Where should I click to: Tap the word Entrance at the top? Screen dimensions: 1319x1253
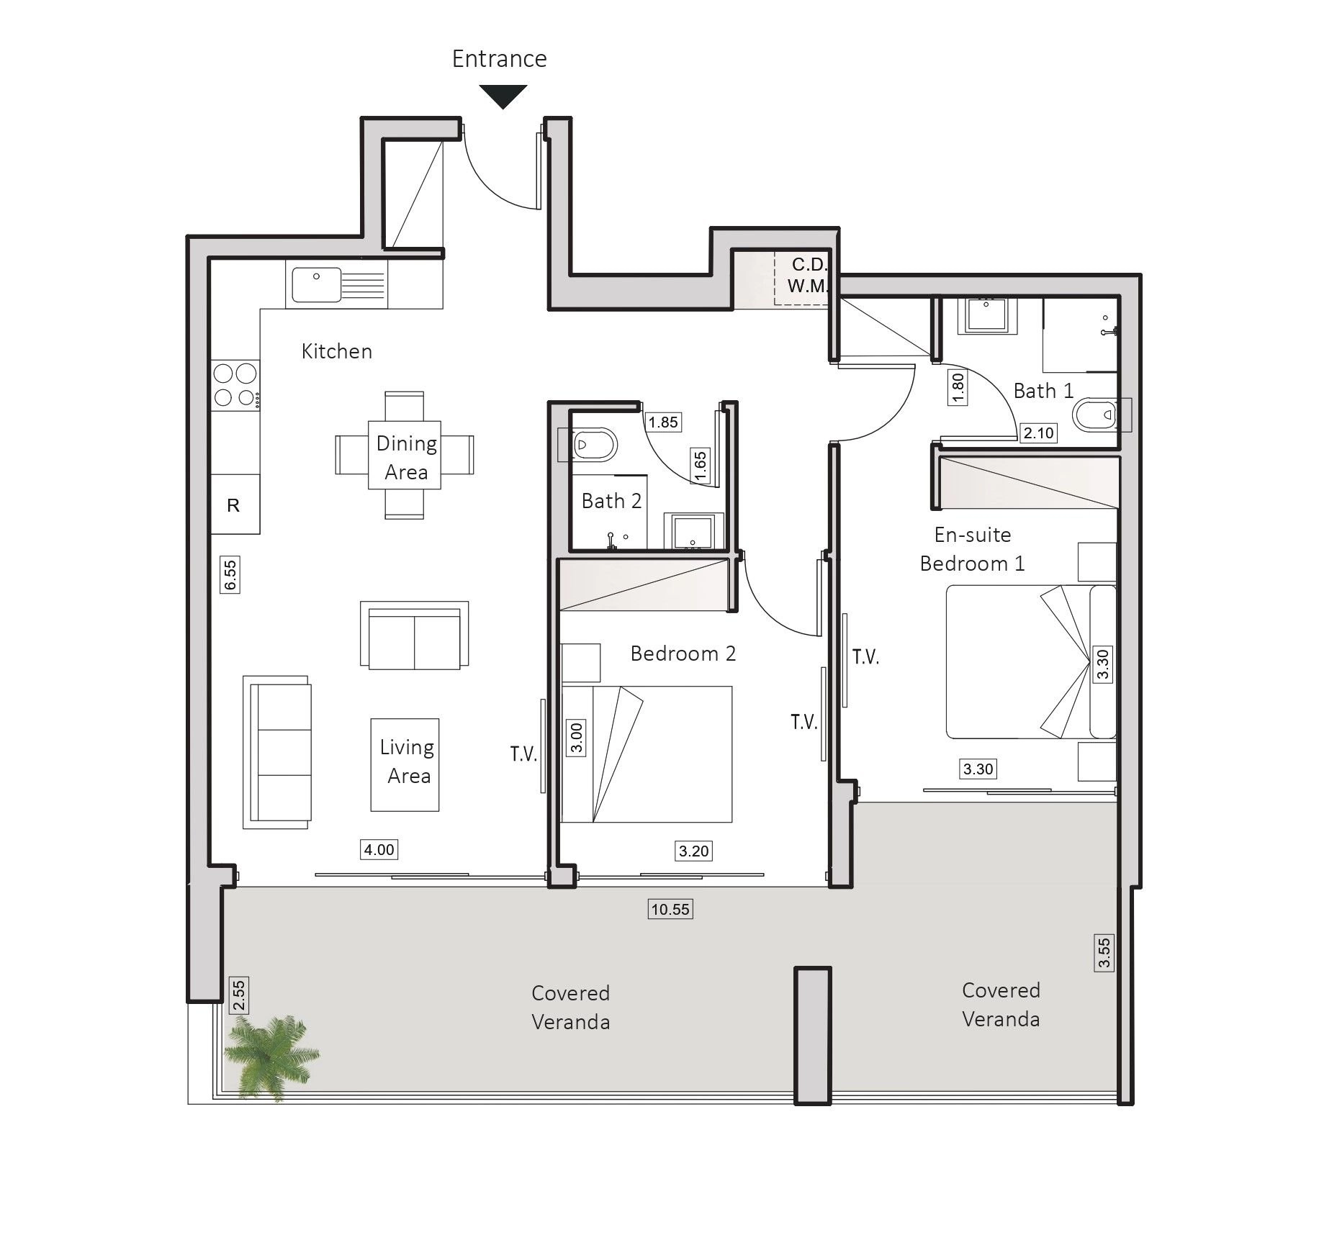pos(499,58)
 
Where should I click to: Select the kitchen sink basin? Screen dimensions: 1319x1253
pos(316,284)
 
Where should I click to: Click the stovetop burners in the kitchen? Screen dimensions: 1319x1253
pos(235,385)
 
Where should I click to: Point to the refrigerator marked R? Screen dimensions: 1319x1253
pos(235,504)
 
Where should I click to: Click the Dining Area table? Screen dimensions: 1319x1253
pos(404,455)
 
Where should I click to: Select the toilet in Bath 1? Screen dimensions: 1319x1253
pos(1095,415)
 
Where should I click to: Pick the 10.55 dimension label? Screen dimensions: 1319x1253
pos(670,909)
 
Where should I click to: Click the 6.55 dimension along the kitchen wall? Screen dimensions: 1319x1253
pos(230,575)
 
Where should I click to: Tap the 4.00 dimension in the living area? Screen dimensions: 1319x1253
pos(379,849)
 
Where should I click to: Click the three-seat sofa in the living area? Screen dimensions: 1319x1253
pos(277,752)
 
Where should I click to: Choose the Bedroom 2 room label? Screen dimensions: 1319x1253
pos(683,653)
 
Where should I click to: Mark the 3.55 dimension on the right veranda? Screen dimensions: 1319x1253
pos(1104,953)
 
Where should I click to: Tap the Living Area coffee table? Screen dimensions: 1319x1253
pos(405,764)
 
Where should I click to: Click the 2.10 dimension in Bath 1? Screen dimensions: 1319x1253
pos(1038,433)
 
